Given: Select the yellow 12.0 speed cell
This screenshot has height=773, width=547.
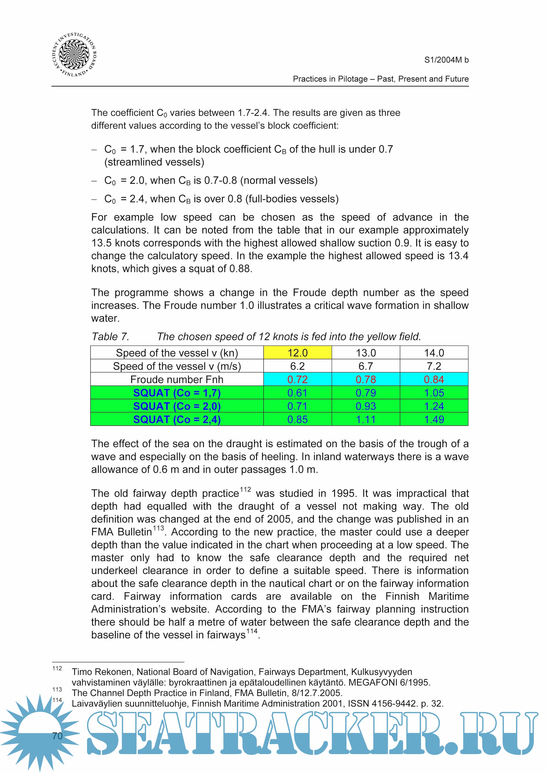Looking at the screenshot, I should pos(297,353).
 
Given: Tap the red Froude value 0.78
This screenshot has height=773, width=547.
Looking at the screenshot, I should pos(366,379).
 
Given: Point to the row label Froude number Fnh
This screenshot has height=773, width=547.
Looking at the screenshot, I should pos(177,379).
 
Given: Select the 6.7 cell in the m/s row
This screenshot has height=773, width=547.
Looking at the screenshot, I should pos(366,366).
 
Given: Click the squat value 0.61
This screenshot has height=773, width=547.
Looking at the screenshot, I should pos(297,393).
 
